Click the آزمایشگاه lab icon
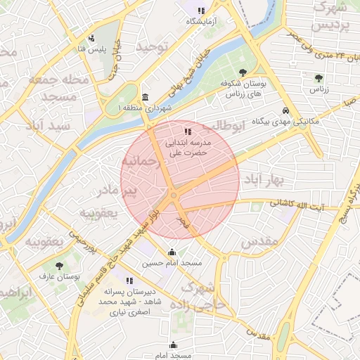[x=202, y=11]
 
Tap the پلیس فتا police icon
[x=91, y=38]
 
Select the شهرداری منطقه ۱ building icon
[x=145, y=97]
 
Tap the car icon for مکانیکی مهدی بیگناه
[x=285, y=110]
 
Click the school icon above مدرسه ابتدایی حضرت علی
[x=187, y=131]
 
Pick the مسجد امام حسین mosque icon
[x=172, y=252]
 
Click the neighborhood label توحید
[x=153, y=47]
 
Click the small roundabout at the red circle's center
[x=172, y=195]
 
